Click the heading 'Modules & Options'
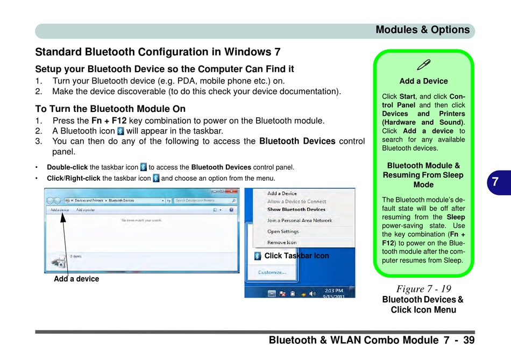[422, 30]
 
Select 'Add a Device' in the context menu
[282, 194]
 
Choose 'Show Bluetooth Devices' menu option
[296, 209]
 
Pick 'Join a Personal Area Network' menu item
[300, 221]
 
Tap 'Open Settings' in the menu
[283, 232]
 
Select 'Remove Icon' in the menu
[282, 243]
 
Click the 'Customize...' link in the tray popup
[272, 272]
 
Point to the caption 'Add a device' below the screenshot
[76, 279]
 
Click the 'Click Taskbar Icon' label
[296, 256]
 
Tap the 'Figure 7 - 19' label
[424, 289]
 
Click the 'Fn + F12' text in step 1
[109, 121]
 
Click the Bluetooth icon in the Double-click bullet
[143, 167]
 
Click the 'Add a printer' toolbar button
[85, 210]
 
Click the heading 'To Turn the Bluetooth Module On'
[110, 109]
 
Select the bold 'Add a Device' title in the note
[423, 81]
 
